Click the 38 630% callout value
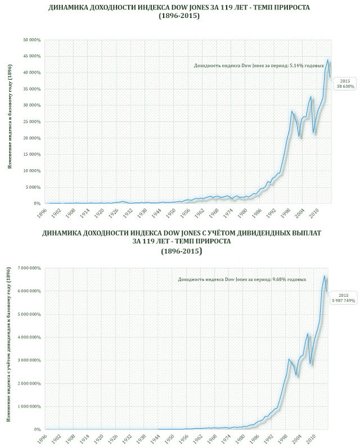click(344, 87)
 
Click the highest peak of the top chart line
click(327, 60)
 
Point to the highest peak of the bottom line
click(325, 275)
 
